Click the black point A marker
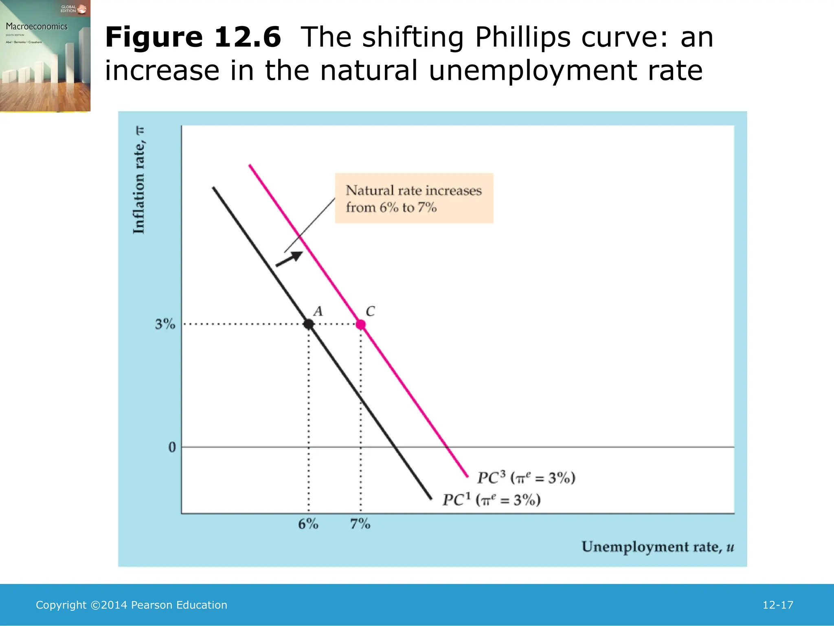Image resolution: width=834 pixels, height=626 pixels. click(x=309, y=324)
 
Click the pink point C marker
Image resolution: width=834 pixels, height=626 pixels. click(x=361, y=324)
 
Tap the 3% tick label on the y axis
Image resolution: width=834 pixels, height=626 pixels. click(x=165, y=324)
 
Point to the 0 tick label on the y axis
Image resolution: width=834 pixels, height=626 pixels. click(x=172, y=447)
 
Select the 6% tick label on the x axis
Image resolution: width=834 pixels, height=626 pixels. click(x=308, y=524)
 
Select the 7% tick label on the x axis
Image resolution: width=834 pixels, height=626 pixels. click(x=360, y=524)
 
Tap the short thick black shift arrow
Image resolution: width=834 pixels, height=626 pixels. click(x=290, y=259)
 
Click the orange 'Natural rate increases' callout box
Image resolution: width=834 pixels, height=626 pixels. click(x=414, y=198)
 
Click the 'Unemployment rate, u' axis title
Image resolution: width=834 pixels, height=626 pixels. click(x=657, y=547)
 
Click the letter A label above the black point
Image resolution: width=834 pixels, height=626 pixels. click(x=318, y=311)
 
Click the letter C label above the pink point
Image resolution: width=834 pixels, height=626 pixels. click(x=370, y=311)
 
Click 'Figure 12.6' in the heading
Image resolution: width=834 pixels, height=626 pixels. click(x=193, y=37)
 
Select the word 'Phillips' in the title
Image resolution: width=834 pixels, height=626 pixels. click(x=523, y=37)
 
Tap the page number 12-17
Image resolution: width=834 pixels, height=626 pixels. click(x=778, y=605)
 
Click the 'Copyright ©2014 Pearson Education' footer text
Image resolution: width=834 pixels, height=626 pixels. click(x=132, y=605)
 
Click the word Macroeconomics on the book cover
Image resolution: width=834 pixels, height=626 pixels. click(x=37, y=26)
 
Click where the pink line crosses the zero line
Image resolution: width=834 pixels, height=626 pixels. click(x=448, y=447)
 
